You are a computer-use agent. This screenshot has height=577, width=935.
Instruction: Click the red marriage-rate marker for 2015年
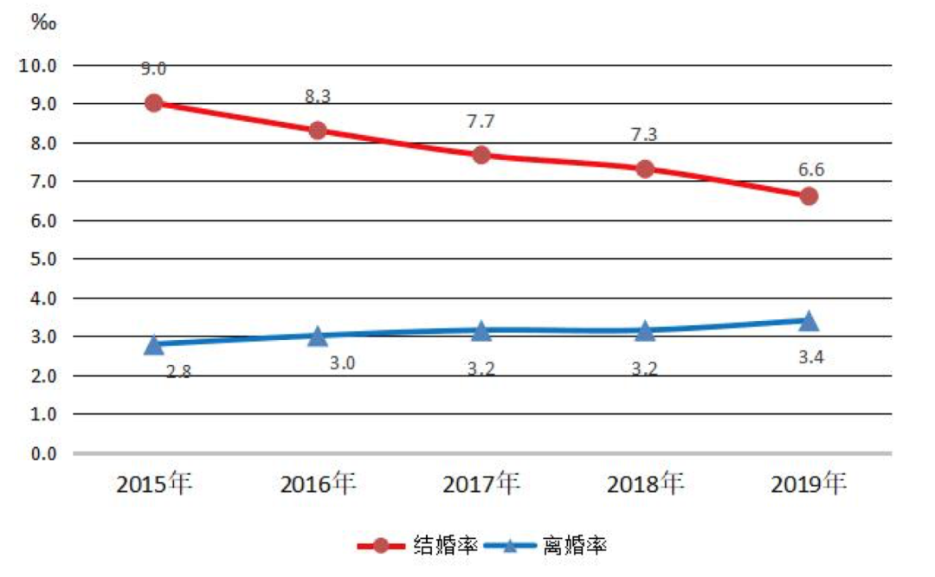[x=154, y=103]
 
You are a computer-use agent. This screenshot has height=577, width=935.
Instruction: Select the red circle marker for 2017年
[x=481, y=155]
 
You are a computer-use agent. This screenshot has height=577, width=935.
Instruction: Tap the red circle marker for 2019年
[x=809, y=196]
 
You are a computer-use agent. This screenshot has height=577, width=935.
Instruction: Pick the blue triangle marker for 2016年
[x=318, y=336]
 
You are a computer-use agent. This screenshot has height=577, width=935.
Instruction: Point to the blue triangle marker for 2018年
[x=645, y=330]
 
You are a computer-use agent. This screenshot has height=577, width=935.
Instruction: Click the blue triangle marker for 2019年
[x=809, y=321]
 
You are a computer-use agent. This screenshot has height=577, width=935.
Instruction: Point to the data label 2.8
[x=178, y=372]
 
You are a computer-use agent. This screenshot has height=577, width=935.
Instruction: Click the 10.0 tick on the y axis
[x=39, y=65]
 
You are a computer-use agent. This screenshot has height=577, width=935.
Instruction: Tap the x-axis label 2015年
[x=154, y=484]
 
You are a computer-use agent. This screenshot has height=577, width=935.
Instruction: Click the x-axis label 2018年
[x=645, y=484]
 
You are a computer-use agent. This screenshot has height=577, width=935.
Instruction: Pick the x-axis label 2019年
[x=809, y=484]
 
